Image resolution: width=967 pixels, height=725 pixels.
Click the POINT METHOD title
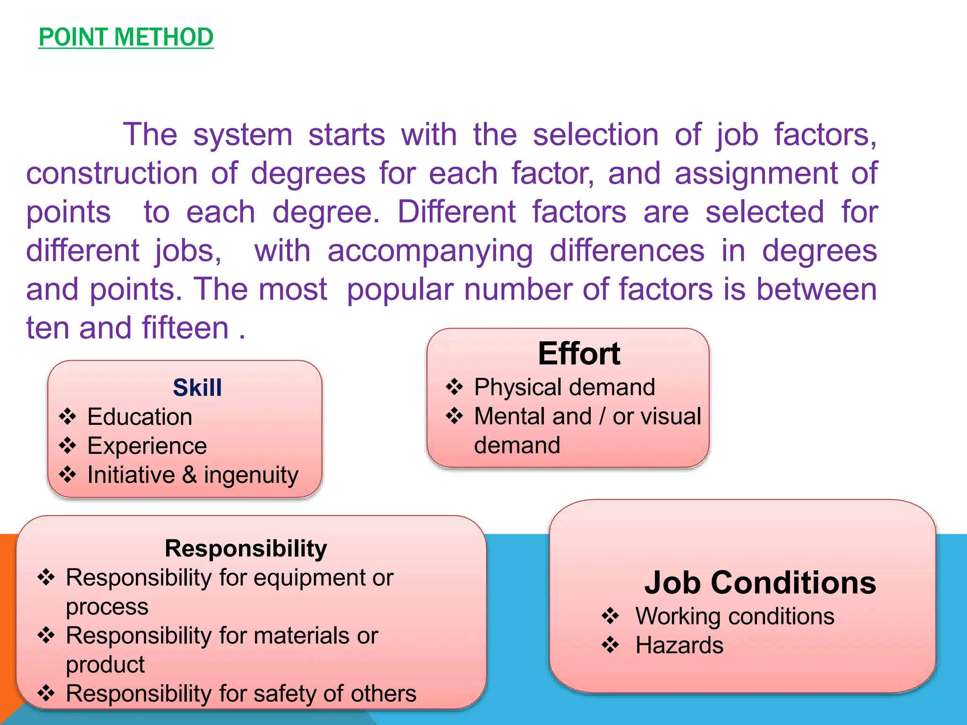(126, 37)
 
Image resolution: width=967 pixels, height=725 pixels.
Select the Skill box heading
(197, 388)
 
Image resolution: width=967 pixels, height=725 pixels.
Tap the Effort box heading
(579, 354)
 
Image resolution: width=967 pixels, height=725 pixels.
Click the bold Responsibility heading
(246, 548)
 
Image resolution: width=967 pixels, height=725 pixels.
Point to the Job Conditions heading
(760, 582)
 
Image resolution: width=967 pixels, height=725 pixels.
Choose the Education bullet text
(140, 417)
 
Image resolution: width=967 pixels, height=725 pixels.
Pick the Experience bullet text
(147, 446)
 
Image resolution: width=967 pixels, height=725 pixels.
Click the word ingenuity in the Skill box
(251, 476)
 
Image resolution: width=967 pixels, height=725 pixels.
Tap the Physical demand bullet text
(564, 388)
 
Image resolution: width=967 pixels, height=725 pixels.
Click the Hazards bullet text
(679, 645)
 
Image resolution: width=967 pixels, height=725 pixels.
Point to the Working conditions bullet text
(735, 616)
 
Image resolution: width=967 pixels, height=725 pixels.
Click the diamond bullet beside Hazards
(610, 645)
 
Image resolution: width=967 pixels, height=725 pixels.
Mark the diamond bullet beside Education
(68, 417)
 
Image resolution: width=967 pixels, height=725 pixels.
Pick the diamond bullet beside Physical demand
(454, 387)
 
